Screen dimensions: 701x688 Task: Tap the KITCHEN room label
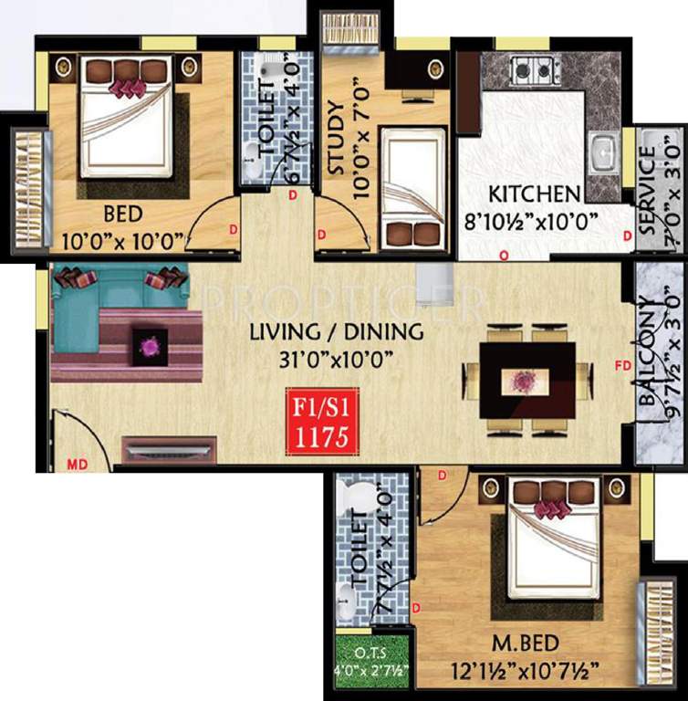coord(534,194)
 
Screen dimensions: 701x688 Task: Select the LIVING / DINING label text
coord(336,332)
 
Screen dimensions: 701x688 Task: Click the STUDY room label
coord(335,144)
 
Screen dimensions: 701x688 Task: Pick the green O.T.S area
coord(371,658)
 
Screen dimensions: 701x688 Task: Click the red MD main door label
coord(78,465)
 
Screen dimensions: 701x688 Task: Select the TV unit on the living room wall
coord(170,450)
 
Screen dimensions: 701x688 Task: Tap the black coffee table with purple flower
coord(150,346)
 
